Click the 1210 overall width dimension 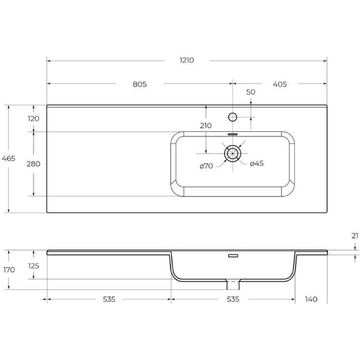pyautogui.click(x=186, y=61)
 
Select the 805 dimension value pyautogui.click(x=140, y=84)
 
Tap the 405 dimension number pyautogui.click(x=279, y=84)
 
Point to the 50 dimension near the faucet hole pyautogui.click(x=251, y=92)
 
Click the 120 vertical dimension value pyautogui.click(x=33, y=118)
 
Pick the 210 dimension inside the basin pyautogui.click(x=205, y=126)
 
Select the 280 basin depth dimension pyautogui.click(x=33, y=164)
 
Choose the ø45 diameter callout pyautogui.click(x=256, y=164)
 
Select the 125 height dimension pyautogui.click(x=33, y=266)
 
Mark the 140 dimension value pyautogui.click(x=310, y=299)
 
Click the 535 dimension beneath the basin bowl pyautogui.click(x=232, y=299)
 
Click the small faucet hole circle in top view pyautogui.click(x=233, y=117)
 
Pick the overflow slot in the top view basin pyautogui.click(x=232, y=134)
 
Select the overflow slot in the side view pyautogui.click(x=232, y=256)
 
